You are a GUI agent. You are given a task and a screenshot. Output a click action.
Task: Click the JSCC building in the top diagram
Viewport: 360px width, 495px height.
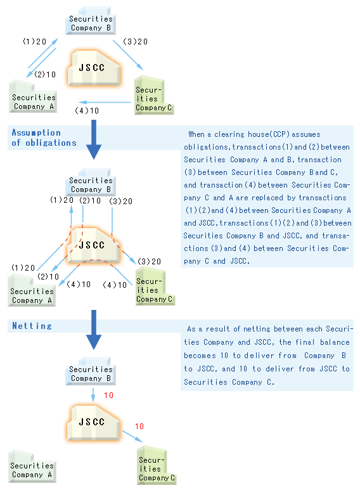tap(93, 68)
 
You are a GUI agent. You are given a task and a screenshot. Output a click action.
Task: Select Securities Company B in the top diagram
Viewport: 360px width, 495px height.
tap(91, 21)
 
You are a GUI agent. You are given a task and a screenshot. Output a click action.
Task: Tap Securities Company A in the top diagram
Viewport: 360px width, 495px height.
tap(33, 97)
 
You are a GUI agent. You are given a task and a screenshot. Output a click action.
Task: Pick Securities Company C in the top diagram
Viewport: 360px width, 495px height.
tap(154, 95)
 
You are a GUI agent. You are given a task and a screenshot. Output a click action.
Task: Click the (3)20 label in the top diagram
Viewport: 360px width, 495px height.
tap(135, 42)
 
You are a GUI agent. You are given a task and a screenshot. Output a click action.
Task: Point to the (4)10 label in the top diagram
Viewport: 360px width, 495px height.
tap(87, 111)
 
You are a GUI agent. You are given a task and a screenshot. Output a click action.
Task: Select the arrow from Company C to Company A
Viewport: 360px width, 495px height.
tap(105, 102)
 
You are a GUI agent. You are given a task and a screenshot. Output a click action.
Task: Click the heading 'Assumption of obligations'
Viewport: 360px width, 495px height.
tap(44, 138)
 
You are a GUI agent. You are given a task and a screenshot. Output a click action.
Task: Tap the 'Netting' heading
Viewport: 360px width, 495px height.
tap(32, 326)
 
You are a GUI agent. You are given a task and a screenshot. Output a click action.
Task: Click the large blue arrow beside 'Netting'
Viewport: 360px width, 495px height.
tap(93, 330)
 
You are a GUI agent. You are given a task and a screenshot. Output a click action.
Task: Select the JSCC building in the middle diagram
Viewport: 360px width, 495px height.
tap(93, 246)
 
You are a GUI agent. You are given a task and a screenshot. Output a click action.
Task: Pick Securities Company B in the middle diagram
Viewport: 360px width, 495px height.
tap(91, 183)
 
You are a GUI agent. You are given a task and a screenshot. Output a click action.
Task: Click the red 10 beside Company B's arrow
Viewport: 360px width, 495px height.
tap(108, 395)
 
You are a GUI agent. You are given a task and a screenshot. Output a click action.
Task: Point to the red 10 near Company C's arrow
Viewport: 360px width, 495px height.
tap(139, 427)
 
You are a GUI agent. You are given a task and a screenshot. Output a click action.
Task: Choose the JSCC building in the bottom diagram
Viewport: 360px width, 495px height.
tap(93, 422)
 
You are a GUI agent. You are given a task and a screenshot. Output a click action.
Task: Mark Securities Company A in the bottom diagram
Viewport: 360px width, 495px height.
tap(32, 466)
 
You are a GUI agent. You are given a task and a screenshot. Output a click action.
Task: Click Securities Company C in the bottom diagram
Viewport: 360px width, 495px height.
tap(157, 465)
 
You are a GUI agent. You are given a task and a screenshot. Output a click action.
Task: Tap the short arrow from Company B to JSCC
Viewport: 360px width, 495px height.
tap(93, 395)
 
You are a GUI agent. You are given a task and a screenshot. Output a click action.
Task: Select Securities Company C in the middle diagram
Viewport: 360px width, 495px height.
tap(155, 286)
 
